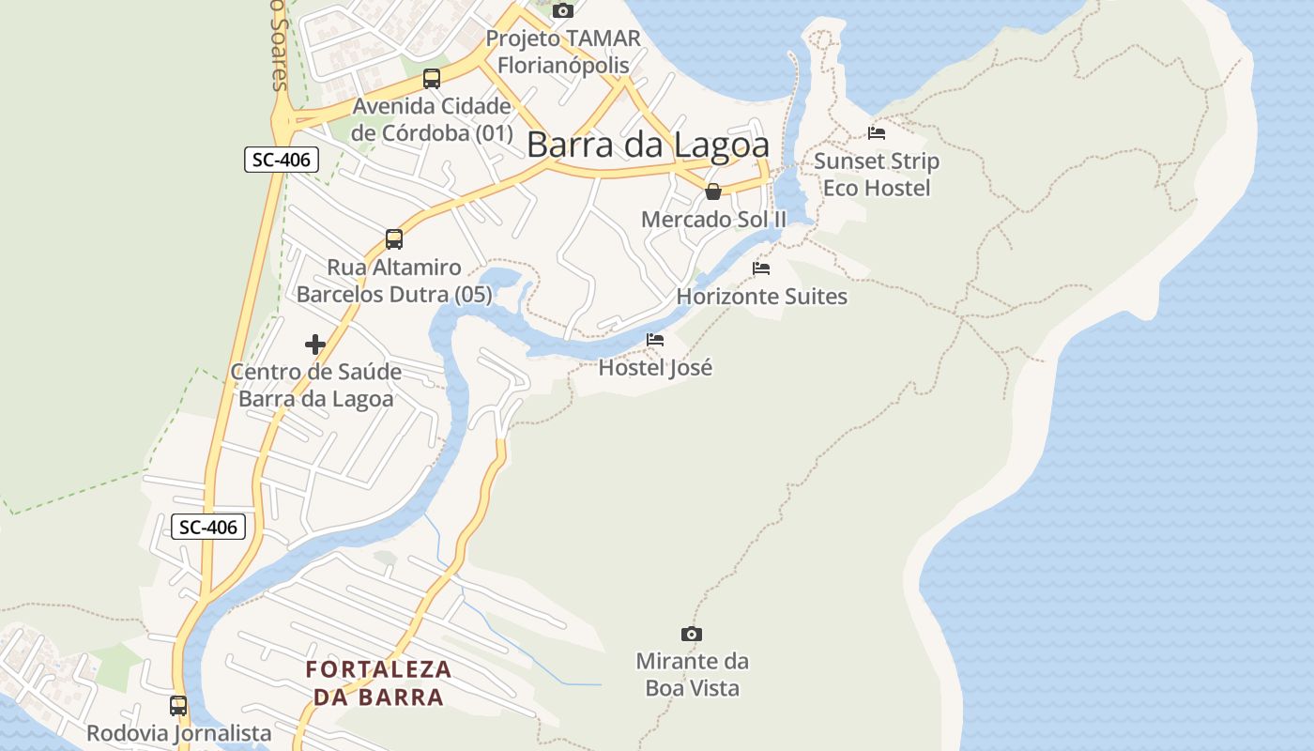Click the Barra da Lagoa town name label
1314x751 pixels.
(x=648, y=145)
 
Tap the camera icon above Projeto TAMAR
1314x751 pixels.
(x=563, y=10)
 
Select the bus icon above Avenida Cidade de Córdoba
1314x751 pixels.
(x=432, y=79)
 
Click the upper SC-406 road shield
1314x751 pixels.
(x=282, y=160)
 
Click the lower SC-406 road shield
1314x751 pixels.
(x=208, y=527)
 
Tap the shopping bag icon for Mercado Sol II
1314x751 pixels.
(x=713, y=192)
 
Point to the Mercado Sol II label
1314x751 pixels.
(x=713, y=220)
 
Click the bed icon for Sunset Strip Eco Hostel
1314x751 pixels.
(x=877, y=133)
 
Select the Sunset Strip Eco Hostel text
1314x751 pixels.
(x=877, y=175)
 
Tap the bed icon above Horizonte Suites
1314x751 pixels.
(x=761, y=268)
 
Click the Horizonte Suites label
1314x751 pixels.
(x=761, y=297)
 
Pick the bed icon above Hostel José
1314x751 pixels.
(x=655, y=340)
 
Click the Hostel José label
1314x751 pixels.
(x=655, y=367)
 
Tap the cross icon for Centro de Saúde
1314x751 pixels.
(x=315, y=345)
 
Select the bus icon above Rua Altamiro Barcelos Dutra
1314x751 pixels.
(x=394, y=239)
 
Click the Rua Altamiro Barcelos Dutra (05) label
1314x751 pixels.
(x=394, y=281)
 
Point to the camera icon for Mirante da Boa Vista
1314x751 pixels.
(x=692, y=635)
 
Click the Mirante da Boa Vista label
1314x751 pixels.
(x=693, y=674)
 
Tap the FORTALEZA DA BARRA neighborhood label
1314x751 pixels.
(x=378, y=683)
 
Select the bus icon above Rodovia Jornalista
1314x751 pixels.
(x=178, y=705)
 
